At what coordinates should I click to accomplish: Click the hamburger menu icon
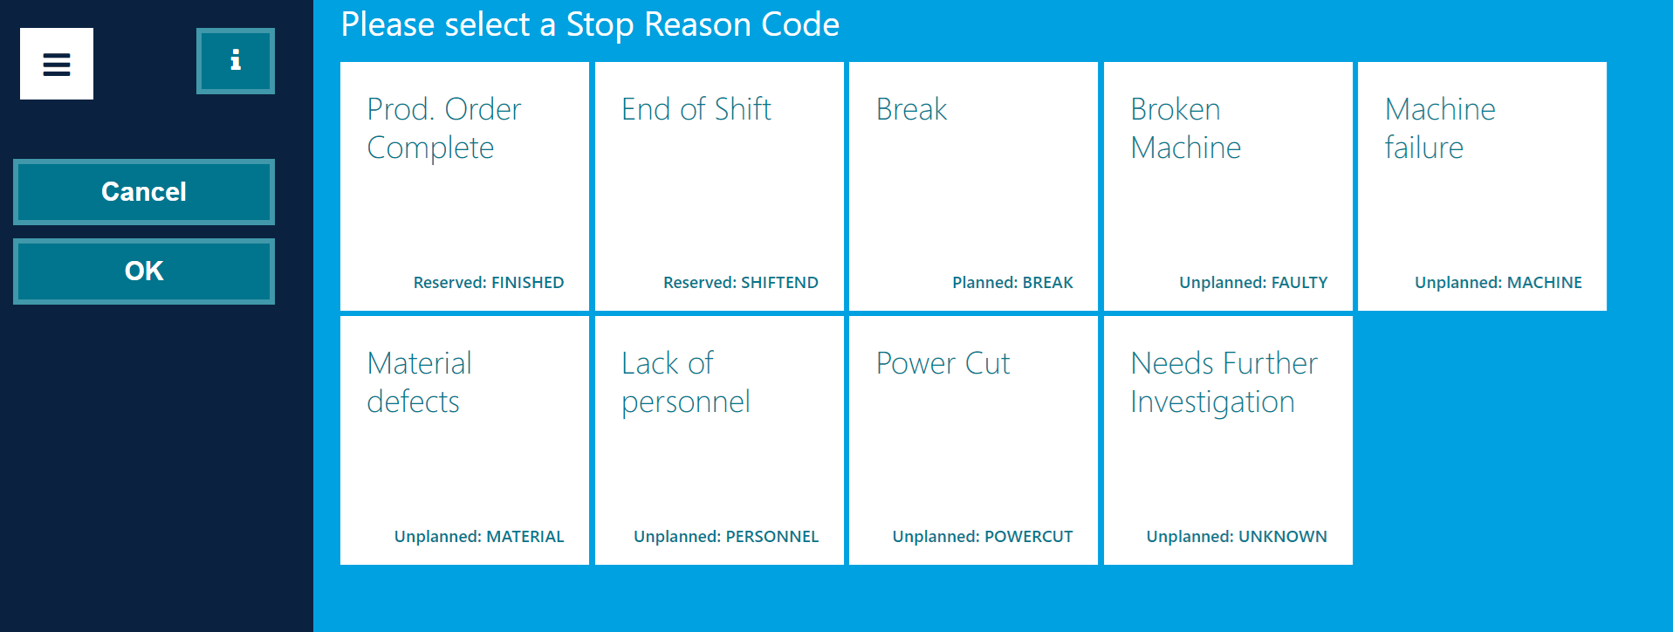pos(57,64)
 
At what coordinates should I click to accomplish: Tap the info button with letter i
pos(236,60)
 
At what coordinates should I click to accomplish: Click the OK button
pos(144,271)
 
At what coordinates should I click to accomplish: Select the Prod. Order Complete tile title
pos(443,128)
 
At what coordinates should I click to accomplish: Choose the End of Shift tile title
pos(696,109)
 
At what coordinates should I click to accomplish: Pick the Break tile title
pos(911,109)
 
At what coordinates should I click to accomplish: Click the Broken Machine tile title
pos(1185,128)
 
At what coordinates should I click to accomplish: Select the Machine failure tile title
pos(1439,128)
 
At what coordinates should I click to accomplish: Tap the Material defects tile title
pos(419,382)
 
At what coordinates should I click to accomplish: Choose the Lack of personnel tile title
pos(685,382)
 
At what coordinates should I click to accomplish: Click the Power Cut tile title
pos(943,363)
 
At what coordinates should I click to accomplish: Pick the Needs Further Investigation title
pos(1224,382)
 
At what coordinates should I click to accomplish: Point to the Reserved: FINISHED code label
pos(488,282)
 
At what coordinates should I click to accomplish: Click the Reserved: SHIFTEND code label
pos(740,282)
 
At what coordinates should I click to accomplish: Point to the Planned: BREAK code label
pos(1012,282)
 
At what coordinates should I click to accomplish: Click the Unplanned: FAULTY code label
pos(1252,282)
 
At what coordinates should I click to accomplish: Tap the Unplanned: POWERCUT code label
pos(982,536)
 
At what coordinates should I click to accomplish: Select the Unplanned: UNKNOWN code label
pos(1236,536)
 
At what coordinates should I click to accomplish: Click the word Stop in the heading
pos(600,24)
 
